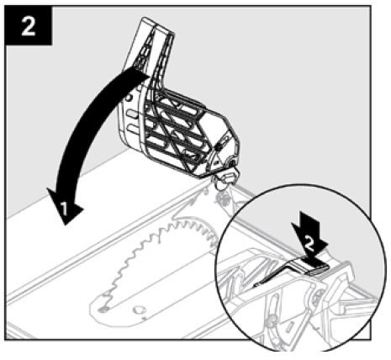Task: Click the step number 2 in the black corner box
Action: point(29,26)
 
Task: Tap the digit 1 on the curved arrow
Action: point(65,209)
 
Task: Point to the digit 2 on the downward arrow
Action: point(309,244)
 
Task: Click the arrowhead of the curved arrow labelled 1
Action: point(65,206)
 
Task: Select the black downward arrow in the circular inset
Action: point(309,238)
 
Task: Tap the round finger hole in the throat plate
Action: point(139,310)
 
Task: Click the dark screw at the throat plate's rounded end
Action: point(103,310)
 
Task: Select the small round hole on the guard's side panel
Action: point(129,98)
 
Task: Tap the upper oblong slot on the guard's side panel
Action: point(131,114)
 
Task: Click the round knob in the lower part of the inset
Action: point(271,320)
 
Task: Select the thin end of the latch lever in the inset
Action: point(256,285)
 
